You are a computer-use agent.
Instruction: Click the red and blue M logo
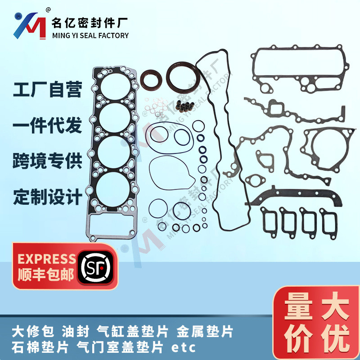29,24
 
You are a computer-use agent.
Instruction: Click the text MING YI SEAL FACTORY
90,36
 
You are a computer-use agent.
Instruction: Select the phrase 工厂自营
48,90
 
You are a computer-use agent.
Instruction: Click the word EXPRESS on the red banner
46,259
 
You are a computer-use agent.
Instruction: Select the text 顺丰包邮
46,275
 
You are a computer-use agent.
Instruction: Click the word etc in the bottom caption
184,347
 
